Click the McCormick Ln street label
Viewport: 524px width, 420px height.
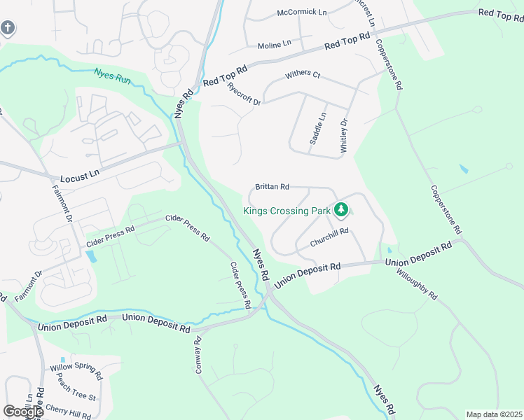302,13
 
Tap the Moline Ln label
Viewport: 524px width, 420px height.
274,45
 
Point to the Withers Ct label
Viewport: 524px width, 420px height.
303,74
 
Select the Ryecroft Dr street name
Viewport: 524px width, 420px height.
244,94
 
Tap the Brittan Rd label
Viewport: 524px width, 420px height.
273,187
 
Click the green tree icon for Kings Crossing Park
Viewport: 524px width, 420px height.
341,209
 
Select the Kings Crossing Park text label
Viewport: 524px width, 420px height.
287,210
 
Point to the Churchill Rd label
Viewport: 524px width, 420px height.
329,237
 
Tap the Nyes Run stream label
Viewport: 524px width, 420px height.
112,73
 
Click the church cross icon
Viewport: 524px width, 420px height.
7,28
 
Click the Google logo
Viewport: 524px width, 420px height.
23,411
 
